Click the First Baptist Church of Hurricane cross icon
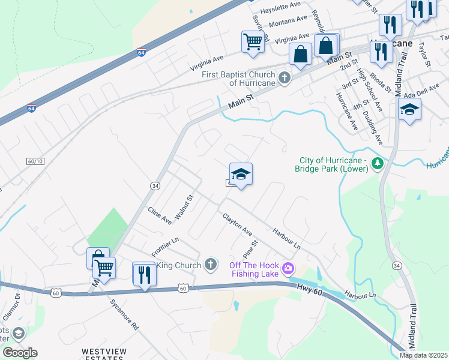(x=285, y=78)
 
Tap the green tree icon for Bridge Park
(x=378, y=163)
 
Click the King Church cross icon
(x=210, y=264)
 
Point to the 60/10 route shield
(x=35, y=161)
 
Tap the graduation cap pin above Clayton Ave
(x=241, y=175)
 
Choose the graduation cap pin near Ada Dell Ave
(x=409, y=110)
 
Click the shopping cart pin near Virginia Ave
(x=253, y=42)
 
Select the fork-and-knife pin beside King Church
(x=144, y=274)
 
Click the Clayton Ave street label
(x=238, y=224)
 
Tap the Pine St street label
(x=250, y=249)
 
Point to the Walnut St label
(x=182, y=207)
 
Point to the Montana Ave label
(x=289, y=21)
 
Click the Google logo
(x=20, y=353)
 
